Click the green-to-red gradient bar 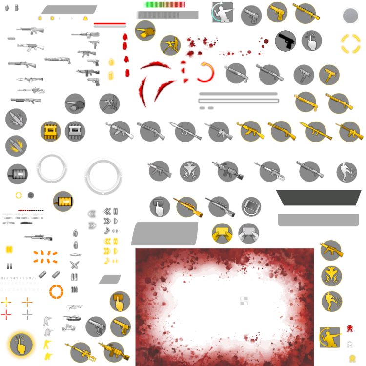tap(164, 4)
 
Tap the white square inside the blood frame tap(207, 307)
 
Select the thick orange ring tap(56, 292)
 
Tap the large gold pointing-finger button tap(21, 345)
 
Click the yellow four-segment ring tap(350, 43)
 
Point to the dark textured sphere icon tap(350, 16)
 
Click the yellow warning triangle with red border tap(85, 18)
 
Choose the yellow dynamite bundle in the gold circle tap(50, 131)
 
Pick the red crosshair tap(6, 315)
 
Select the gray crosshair tap(27, 315)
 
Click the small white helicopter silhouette tap(74, 307)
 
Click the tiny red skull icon tap(350, 329)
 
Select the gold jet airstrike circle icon tap(331, 276)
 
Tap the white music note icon tap(107, 230)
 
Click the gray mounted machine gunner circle tap(109, 103)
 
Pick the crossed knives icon tap(74, 265)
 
